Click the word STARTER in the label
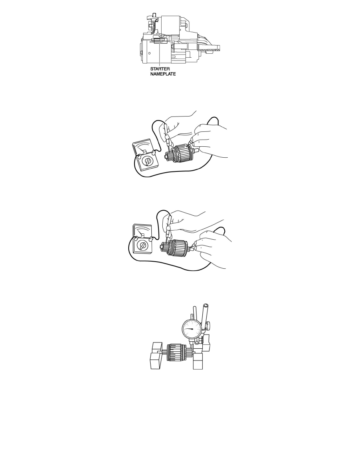click(x=160, y=69)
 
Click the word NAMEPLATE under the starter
click(x=163, y=74)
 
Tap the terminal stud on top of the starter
click(x=154, y=15)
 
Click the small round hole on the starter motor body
click(x=150, y=53)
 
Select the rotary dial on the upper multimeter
click(x=146, y=162)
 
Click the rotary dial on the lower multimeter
click(x=142, y=246)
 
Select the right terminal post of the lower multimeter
click(x=151, y=238)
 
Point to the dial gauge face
click(x=192, y=329)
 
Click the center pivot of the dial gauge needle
click(x=192, y=329)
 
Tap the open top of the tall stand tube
click(x=205, y=305)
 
